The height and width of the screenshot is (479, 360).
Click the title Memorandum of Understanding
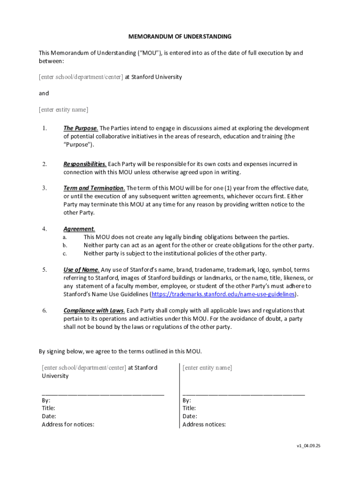[180, 36]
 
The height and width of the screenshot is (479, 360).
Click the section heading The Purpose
[80, 128]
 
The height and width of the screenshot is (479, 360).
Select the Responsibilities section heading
[85, 164]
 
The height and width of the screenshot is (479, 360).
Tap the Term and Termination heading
[94, 188]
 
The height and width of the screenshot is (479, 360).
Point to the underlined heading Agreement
[79, 229]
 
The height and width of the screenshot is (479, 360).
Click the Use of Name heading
[81, 270]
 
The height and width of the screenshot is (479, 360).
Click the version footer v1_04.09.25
[308, 446]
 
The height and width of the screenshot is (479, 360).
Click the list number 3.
[44, 188]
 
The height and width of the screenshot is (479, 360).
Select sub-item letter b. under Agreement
[65, 245]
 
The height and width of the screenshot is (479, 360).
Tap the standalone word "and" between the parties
[43, 94]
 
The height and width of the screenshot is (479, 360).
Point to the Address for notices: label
[68, 425]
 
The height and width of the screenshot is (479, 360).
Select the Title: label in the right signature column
[189, 408]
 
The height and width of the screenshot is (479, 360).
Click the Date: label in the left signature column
[49, 416]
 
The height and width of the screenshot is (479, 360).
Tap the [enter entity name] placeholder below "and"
[63, 110]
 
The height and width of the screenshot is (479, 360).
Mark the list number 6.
[44, 311]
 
